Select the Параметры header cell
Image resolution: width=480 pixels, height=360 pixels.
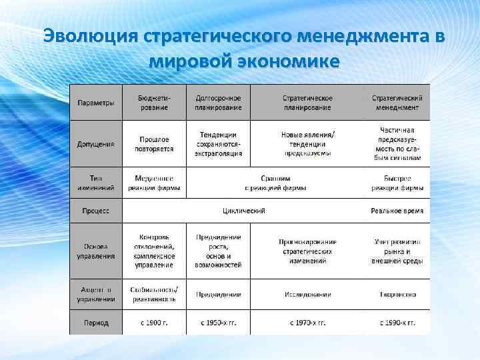point(95,103)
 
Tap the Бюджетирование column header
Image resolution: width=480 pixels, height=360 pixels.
point(154,103)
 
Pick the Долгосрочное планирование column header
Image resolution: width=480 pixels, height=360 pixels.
point(218,103)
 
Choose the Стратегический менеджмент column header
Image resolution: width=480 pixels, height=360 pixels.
point(397,103)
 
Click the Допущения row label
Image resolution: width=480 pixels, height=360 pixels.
point(95,143)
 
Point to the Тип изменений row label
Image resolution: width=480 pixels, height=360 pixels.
point(95,183)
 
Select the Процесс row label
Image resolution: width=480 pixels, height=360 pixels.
point(95,211)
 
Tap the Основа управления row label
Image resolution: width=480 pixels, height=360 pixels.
point(95,251)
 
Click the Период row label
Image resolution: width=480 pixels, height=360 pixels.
point(95,323)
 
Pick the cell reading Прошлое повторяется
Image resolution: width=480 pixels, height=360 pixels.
point(154,143)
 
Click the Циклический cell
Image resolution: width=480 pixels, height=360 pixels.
point(244,211)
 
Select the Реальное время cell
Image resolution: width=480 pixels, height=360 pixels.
point(397,211)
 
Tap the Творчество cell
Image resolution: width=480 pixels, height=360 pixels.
point(397,294)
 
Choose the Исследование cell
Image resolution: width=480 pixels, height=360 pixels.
point(307,294)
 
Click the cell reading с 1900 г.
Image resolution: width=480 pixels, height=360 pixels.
point(154,323)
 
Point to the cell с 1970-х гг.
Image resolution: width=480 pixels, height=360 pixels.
point(307,323)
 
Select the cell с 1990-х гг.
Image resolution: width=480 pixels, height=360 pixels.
point(397,323)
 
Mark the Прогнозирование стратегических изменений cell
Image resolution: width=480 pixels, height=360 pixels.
point(307,251)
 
